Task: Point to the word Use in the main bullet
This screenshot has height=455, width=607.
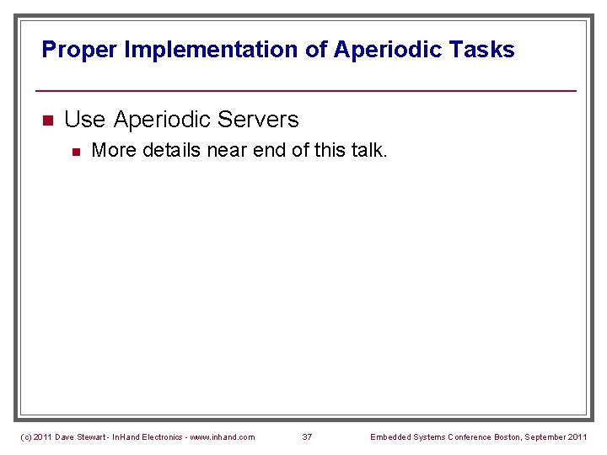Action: [84, 120]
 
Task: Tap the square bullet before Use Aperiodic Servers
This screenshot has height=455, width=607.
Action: [48, 120]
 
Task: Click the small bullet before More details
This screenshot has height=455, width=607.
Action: [75, 152]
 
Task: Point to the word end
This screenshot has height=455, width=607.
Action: [270, 151]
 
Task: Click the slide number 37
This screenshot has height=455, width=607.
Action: [307, 436]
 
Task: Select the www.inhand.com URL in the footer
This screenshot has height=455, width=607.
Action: [223, 436]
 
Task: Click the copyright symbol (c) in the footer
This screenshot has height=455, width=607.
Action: [25, 436]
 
